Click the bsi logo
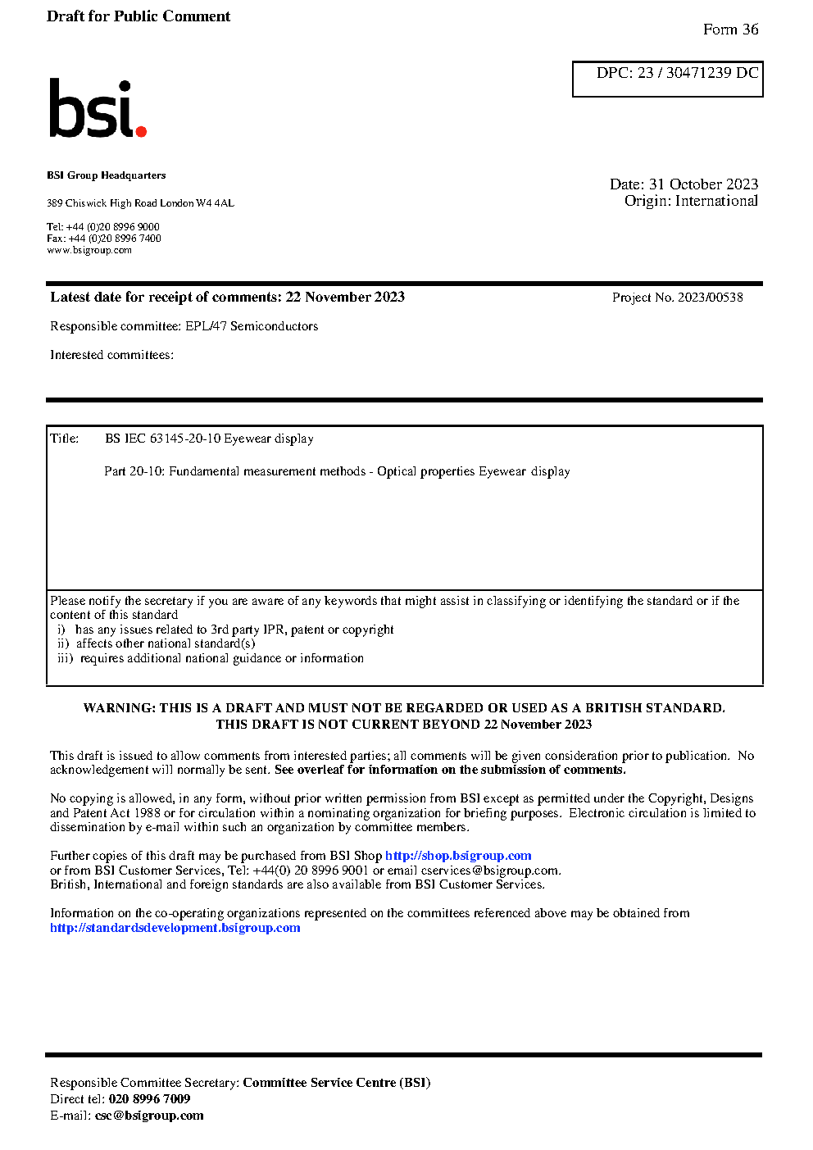(x=97, y=108)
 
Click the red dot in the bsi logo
(x=141, y=130)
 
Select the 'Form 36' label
(x=730, y=30)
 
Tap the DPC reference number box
(x=667, y=79)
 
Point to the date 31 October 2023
(x=703, y=184)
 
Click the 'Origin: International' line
(x=691, y=201)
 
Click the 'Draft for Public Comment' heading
(x=139, y=16)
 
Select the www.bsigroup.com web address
(x=89, y=251)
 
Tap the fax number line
(x=104, y=239)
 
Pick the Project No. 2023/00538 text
(x=677, y=298)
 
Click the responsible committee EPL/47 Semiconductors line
(x=184, y=326)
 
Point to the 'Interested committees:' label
(x=111, y=355)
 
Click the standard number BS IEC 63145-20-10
(x=163, y=439)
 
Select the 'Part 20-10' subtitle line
(x=337, y=471)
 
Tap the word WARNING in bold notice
(x=119, y=708)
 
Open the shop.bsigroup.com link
(x=458, y=856)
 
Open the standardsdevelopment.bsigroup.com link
(x=175, y=928)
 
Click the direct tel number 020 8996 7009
(x=149, y=1099)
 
